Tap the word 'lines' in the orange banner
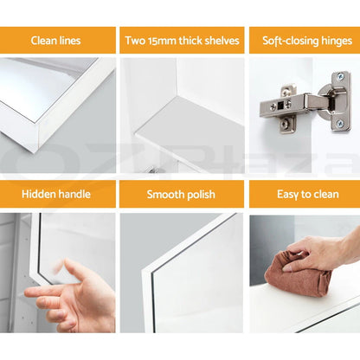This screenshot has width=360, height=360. pyautogui.click(x=68, y=41)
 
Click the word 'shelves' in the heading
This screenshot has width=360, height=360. pyautogui.click(x=222, y=41)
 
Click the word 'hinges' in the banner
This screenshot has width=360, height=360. pyautogui.click(x=336, y=41)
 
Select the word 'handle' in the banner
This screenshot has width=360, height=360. pyautogui.click(x=74, y=194)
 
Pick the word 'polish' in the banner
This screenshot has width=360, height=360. pyautogui.click(x=201, y=195)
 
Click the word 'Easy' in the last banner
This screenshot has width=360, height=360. pyautogui.click(x=287, y=195)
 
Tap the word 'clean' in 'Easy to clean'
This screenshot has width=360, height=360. pyautogui.click(x=325, y=194)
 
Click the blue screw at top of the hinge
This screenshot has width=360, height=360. pyautogui.click(x=341, y=76)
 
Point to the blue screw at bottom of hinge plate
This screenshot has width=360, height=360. pyautogui.click(x=340, y=124)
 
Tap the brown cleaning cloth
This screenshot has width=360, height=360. pyautogui.click(x=299, y=274)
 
